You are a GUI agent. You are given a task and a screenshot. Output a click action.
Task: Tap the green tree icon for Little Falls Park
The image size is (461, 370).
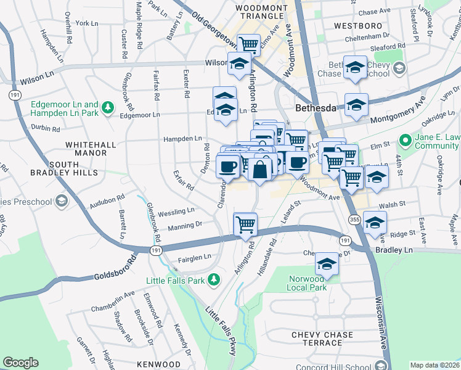click(x=214, y=281)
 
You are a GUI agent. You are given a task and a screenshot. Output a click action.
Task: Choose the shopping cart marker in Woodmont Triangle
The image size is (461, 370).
click(x=248, y=44)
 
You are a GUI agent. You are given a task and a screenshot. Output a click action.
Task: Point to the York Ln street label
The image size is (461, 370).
click(x=86, y=23)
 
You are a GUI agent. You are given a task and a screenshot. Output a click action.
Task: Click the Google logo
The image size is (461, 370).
click(x=20, y=363)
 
